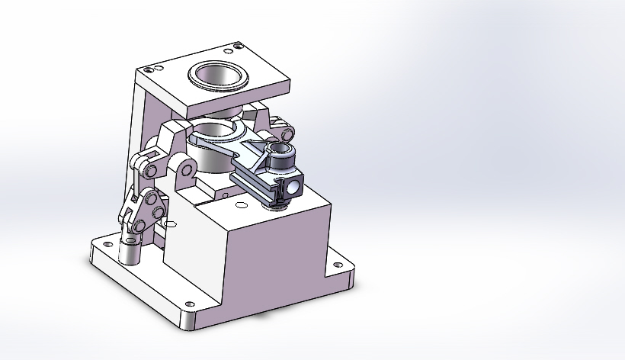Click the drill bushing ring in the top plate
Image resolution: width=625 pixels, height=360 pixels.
pos(217,76)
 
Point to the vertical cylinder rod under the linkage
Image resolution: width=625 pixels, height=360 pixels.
pos(130,247)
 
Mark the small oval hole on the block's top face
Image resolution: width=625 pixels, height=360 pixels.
pos(242,205)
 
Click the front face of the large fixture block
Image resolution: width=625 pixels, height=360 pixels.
pos(274,259)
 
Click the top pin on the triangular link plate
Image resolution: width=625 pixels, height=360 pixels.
pos(149,198)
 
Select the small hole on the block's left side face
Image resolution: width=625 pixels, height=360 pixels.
pos(170,223)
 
